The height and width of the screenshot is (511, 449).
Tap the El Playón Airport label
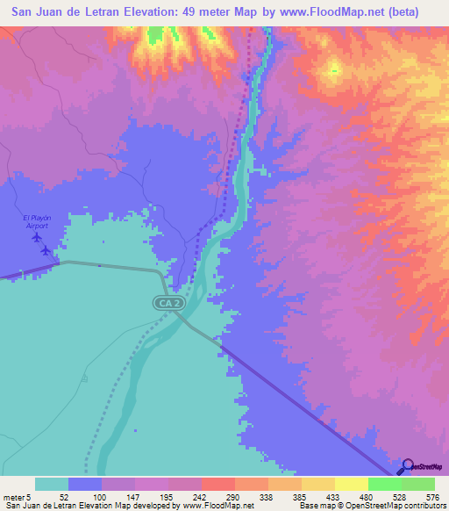pos(36,221)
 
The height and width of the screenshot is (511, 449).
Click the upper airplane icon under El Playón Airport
pos(37,236)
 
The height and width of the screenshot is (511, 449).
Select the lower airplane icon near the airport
pos(46,249)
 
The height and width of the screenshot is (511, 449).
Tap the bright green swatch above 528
pos(384,484)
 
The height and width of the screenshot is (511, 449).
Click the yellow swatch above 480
pos(351,484)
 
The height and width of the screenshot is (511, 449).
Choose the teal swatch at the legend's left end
pos(52,484)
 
